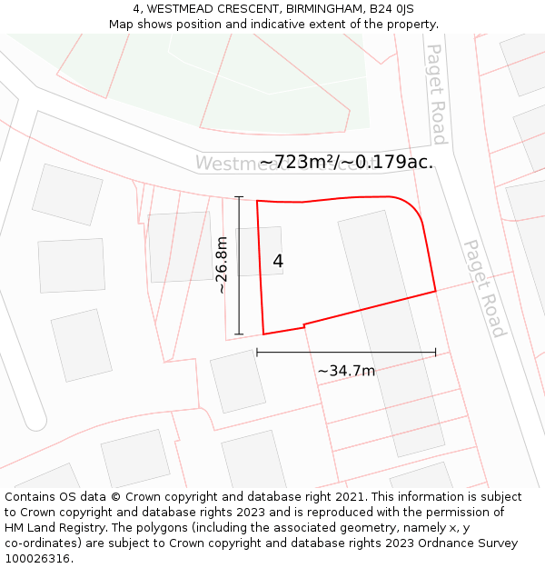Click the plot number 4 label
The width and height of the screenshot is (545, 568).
pos(278,261)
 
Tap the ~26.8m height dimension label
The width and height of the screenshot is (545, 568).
pos(223,265)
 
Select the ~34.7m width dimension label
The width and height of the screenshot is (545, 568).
pos(346,371)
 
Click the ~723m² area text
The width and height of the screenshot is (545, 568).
pos(297,162)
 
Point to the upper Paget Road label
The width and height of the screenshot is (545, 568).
pos(437,94)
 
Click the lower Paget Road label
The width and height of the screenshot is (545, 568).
pos(484,288)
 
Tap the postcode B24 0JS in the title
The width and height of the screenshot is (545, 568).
pos(391,9)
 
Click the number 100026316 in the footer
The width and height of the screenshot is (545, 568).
pos(37,559)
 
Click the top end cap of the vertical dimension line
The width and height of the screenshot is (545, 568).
pos(239,196)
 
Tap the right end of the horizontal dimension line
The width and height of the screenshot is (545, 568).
pos(436,352)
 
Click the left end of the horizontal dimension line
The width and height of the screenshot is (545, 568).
pos(257,352)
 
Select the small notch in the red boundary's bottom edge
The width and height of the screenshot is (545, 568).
pos(303,325)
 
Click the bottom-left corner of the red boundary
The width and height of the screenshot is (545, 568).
pos(263,334)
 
